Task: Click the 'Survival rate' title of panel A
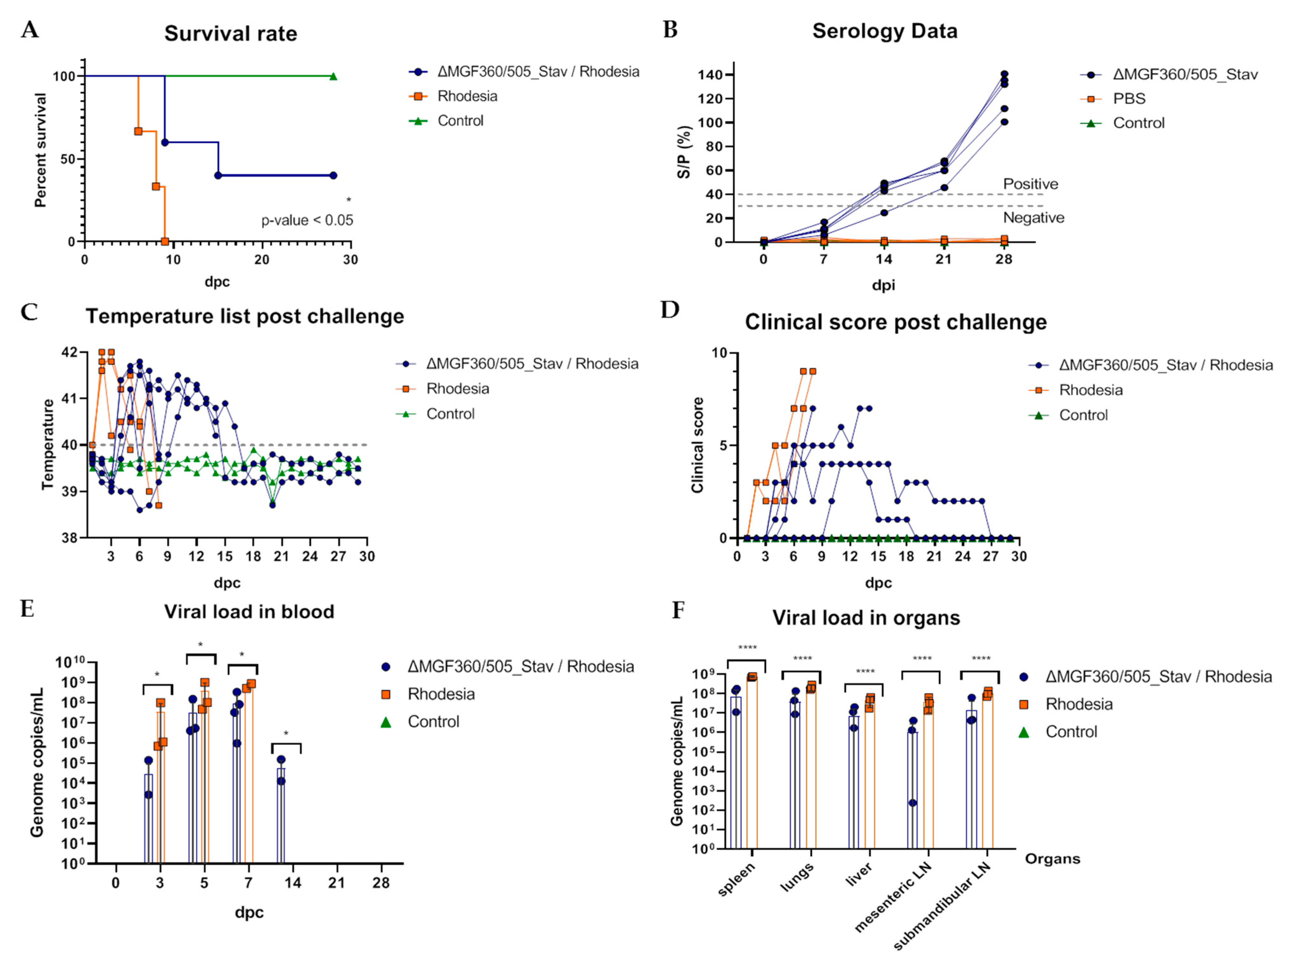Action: point(231,34)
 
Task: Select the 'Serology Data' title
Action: point(884,31)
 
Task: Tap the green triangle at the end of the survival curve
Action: point(333,77)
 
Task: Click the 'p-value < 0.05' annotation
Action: point(307,220)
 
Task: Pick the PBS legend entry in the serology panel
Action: point(1129,99)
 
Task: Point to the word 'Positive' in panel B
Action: point(1030,184)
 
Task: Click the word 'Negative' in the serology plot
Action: point(1033,218)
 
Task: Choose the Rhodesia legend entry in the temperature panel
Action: point(457,389)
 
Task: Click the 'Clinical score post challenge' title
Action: point(896,322)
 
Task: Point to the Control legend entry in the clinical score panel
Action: point(1083,415)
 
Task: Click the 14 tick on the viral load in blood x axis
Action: point(292,883)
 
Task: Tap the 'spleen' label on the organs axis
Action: point(737,879)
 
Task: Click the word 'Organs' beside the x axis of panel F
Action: point(1052,859)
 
